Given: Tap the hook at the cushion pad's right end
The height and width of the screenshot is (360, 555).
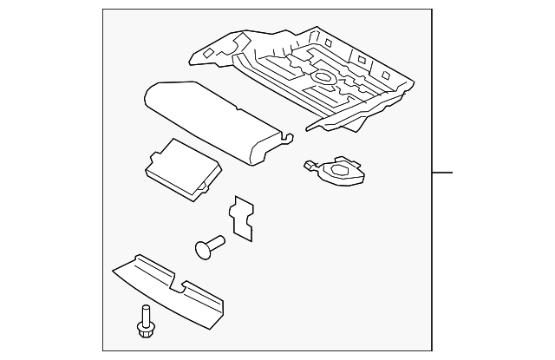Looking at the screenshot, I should tap(287, 134).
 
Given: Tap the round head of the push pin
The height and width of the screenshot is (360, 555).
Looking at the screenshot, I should tap(205, 249).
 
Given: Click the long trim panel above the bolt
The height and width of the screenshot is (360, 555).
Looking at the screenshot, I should tap(169, 286).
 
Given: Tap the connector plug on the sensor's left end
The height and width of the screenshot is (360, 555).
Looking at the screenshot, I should tap(310, 164).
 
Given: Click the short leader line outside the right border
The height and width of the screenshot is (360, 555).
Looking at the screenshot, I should tap(442, 173).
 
